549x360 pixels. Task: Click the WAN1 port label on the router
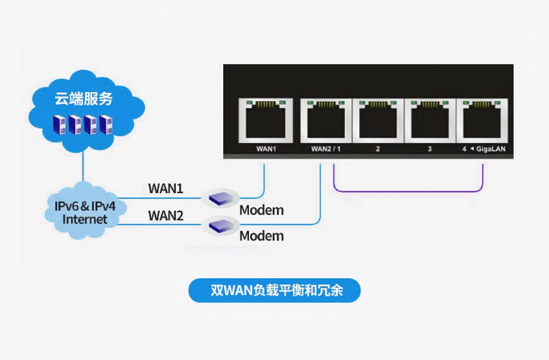pyautogui.click(x=265, y=148)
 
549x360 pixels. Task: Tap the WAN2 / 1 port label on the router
pyautogui.click(x=326, y=148)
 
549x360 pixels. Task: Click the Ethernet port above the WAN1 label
pyautogui.click(x=265, y=119)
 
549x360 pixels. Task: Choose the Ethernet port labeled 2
pyautogui.click(x=377, y=119)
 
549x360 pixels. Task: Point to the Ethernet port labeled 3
pyautogui.click(x=429, y=119)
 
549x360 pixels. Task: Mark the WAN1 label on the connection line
pyautogui.click(x=166, y=187)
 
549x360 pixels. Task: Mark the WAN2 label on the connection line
pyautogui.click(x=166, y=216)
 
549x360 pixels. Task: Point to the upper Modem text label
pyautogui.click(x=261, y=210)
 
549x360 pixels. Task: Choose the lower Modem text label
pyautogui.click(x=261, y=236)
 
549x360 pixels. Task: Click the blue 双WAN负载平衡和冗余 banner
pyautogui.click(x=275, y=290)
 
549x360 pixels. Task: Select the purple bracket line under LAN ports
pyautogui.click(x=409, y=190)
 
